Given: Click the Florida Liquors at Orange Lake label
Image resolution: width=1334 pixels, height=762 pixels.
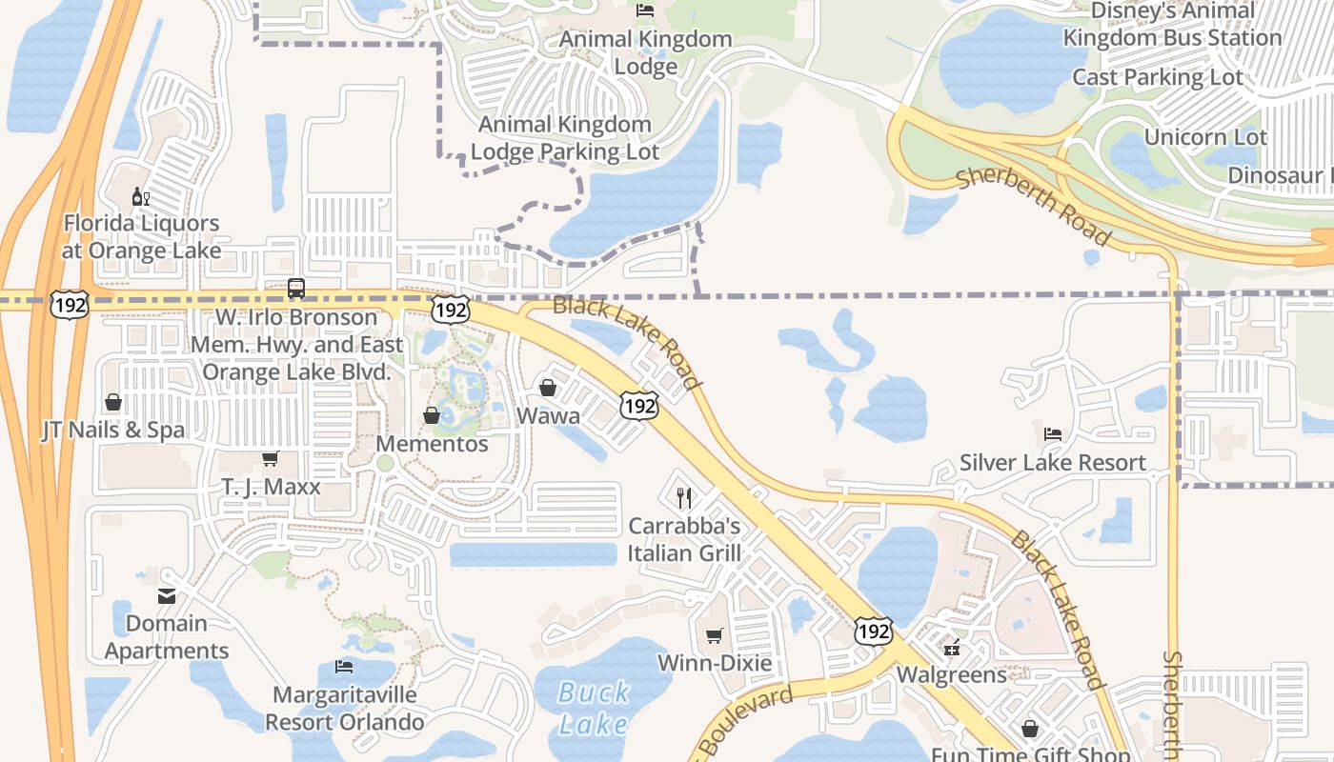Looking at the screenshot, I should [x=141, y=237].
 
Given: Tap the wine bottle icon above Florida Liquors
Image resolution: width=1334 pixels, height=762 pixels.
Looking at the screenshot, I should [x=141, y=197].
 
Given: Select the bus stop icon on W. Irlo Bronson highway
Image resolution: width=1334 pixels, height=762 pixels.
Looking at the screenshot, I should [x=296, y=288].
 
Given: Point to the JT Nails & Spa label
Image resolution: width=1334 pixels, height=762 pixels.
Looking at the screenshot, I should [x=113, y=431].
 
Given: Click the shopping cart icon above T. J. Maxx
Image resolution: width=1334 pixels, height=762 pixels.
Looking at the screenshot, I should [x=271, y=459].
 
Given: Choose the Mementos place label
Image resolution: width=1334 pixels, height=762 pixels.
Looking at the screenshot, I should [x=432, y=444].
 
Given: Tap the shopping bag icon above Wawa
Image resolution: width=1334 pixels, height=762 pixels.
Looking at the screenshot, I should [x=548, y=388].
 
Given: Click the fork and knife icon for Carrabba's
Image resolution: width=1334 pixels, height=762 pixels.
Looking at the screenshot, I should [x=683, y=497].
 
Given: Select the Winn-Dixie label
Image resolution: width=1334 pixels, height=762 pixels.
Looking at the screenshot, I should [x=715, y=663].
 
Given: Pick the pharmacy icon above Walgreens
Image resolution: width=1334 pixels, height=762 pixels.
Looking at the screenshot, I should [x=951, y=648].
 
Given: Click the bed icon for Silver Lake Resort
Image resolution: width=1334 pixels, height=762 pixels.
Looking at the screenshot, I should [x=1052, y=434].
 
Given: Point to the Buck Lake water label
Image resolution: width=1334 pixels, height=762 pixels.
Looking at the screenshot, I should [x=594, y=708].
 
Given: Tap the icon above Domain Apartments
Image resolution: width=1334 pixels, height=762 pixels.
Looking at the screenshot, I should [x=167, y=596].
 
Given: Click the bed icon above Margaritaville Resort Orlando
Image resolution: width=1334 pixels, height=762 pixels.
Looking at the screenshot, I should [x=344, y=667].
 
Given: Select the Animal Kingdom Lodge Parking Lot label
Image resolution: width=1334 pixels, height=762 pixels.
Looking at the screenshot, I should [x=565, y=138].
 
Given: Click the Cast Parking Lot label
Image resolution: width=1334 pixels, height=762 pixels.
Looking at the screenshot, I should [x=1158, y=77].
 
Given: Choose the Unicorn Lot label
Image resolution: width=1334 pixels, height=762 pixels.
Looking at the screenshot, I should [x=1205, y=137].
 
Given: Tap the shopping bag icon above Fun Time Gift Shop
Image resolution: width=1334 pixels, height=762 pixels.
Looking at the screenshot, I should [x=1030, y=729].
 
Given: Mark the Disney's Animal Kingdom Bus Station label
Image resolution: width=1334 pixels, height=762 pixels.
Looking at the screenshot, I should [x=1172, y=24].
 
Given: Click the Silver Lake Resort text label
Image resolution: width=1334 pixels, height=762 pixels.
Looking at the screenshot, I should [x=1052, y=463].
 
